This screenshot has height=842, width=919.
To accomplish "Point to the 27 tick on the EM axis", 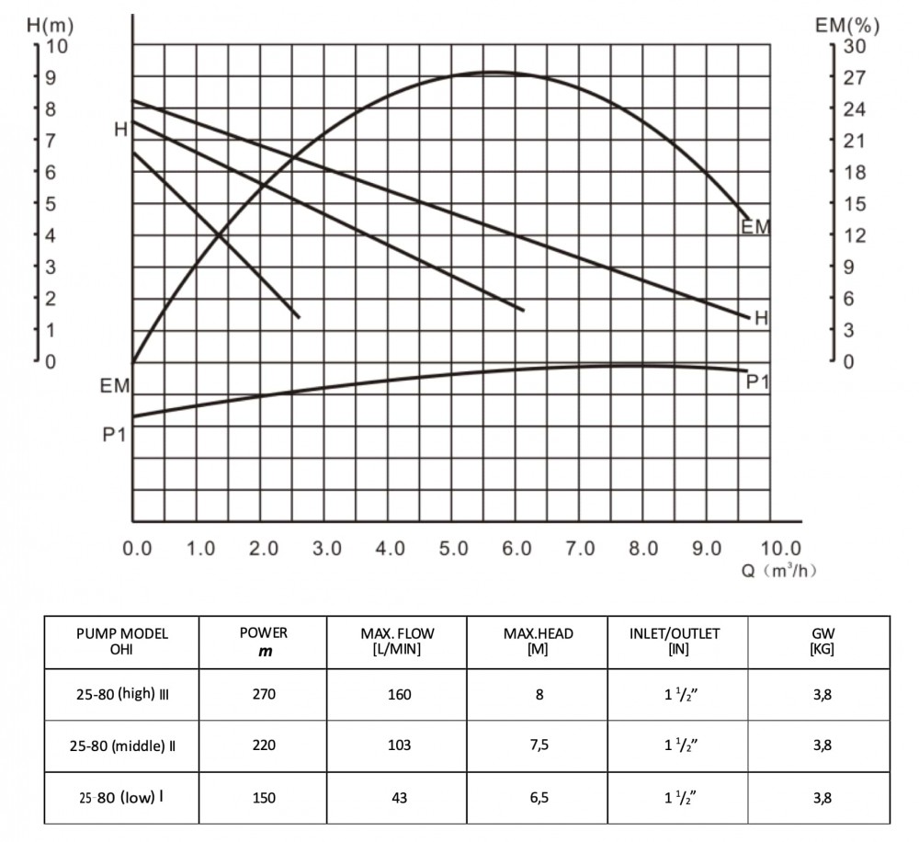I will click(x=854, y=77).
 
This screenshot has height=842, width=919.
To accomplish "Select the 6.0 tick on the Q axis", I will click(x=517, y=549).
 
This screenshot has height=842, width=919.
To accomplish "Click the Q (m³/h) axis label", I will click(x=779, y=571).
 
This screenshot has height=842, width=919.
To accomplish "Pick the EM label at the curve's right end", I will click(x=755, y=226).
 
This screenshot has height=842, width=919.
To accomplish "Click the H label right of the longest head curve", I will click(x=761, y=319).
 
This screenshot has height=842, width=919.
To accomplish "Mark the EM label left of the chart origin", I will click(x=115, y=387).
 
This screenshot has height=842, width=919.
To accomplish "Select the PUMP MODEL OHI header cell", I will click(x=123, y=642).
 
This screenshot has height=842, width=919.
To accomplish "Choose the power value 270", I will click(x=263, y=694).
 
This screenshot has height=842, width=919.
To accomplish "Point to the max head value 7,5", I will click(x=539, y=745).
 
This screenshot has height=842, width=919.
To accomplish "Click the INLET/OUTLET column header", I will click(x=675, y=642).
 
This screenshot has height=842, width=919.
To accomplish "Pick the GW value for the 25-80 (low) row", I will click(x=822, y=798).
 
